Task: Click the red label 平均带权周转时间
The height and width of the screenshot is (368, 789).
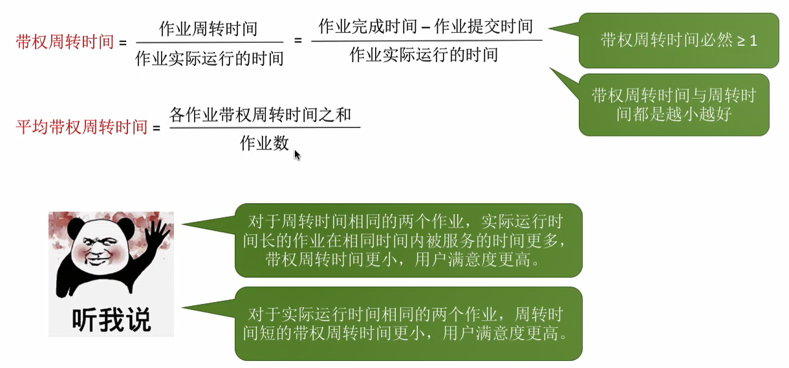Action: (x=81, y=127)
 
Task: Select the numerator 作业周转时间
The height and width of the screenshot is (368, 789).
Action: (x=208, y=29)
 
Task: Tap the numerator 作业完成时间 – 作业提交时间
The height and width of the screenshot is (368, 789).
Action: (x=426, y=27)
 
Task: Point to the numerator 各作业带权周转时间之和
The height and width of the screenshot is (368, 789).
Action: (x=260, y=115)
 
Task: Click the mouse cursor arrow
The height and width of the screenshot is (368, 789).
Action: (x=297, y=155)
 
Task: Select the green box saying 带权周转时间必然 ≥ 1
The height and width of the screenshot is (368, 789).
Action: (x=678, y=41)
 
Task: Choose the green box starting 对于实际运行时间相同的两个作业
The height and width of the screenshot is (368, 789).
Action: (x=407, y=324)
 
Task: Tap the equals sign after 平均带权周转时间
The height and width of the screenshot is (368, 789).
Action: (x=156, y=128)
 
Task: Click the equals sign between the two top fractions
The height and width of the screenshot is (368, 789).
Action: (x=298, y=40)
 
